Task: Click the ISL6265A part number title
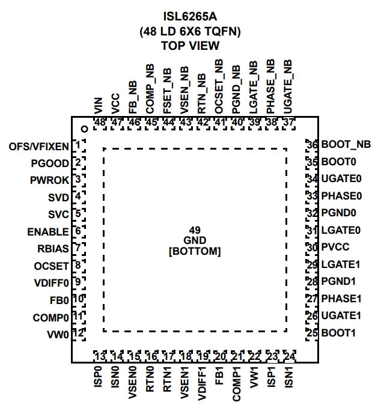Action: pos(190,17)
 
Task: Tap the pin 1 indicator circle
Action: pos(84,129)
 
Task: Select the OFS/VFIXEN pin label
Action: pos(39,147)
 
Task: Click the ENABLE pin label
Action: pos(48,232)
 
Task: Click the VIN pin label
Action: pos(98,106)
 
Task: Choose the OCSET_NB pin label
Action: pos(219,87)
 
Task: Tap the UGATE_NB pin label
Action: pos(288,87)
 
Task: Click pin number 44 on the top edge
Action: pos(168,122)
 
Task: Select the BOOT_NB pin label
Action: pos(346,144)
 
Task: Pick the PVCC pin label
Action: pos(335,247)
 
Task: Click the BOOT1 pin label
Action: pos(338,333)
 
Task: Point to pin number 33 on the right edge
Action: pos(312,196)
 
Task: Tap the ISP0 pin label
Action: pos(98,377)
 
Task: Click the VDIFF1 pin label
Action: pos(202,383)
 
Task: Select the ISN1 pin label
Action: pos(288,377)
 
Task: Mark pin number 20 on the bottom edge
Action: pos(220,356)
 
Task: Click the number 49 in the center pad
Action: pos(195,230)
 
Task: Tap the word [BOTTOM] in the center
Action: pos(195,251)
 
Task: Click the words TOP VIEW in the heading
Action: pos(190,46)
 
